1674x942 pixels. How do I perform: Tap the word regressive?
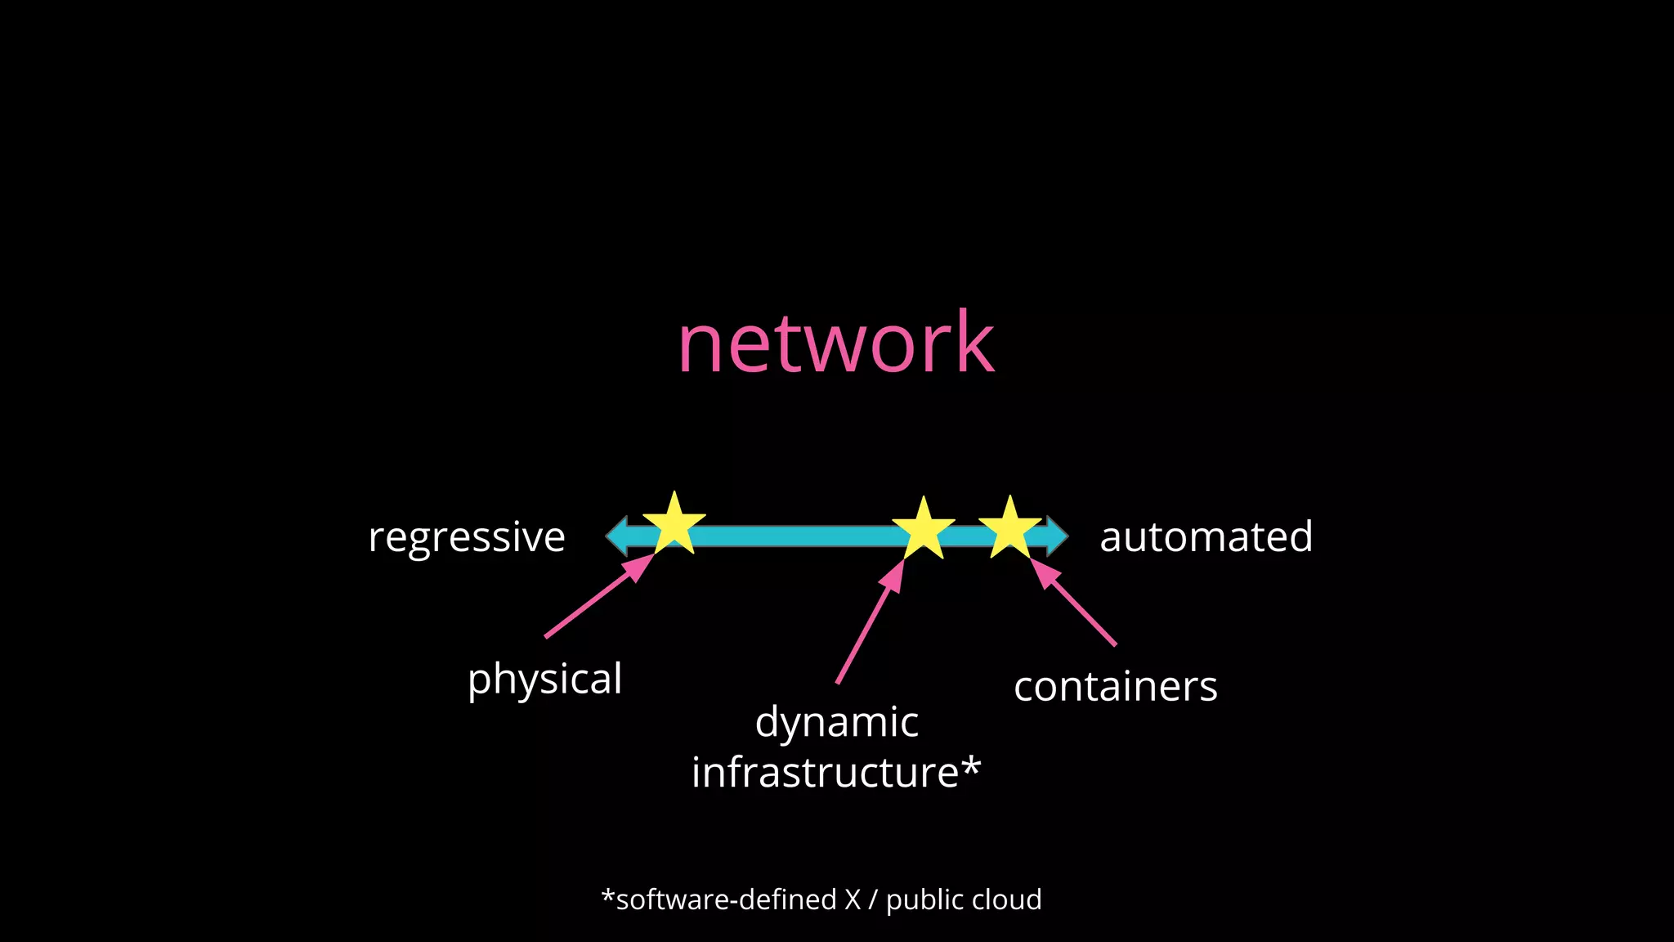click(467, 537)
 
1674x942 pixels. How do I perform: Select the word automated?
click(1206, 537)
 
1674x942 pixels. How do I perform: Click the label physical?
click(544, 680)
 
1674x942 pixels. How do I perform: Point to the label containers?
click(1115, 687)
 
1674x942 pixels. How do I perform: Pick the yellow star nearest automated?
click(1010, 531)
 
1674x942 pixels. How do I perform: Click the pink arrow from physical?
click(597, 597)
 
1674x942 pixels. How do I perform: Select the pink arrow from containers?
click(1074, 603)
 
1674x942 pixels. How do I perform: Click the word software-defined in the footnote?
click(726, 899)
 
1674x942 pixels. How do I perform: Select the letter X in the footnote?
click(853, 899)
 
